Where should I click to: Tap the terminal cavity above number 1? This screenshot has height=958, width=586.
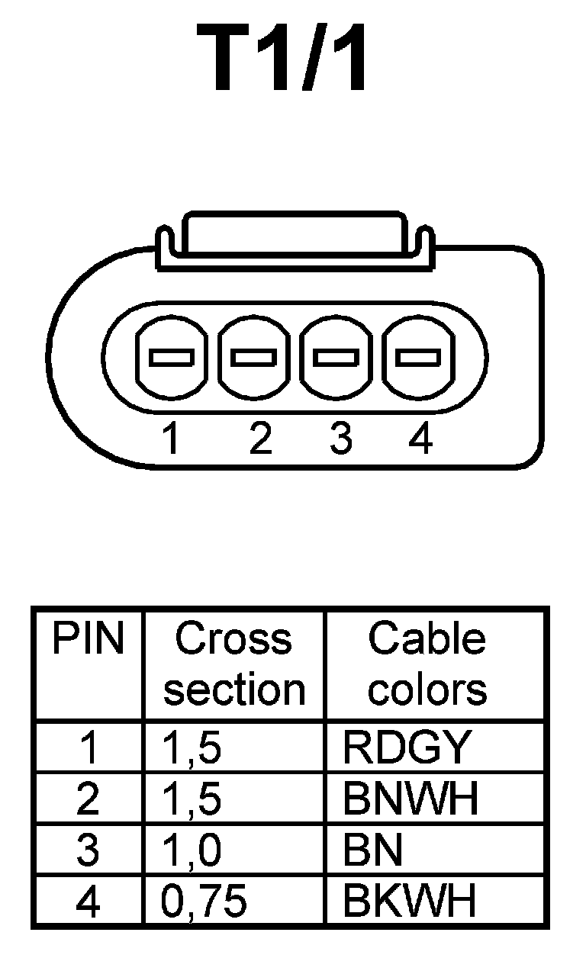pos(171,356)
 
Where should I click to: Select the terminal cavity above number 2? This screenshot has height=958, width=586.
pos(254,356)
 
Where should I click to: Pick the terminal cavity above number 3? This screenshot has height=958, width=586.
pos(336,356)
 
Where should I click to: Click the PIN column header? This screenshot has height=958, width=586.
pos(88,639)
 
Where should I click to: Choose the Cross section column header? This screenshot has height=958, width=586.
pos(234,664)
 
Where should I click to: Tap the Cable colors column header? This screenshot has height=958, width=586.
pos(427,664)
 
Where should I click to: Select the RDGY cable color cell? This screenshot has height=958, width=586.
pos(404,748)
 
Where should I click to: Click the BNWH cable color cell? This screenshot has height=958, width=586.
pos(411,799)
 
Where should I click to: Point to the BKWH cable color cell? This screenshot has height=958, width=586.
pos(410,901)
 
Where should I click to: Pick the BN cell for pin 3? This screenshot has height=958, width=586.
pos(373,850)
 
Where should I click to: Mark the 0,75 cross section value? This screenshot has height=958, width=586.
pos(204,901)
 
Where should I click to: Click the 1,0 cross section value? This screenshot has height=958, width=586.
pos(192,850)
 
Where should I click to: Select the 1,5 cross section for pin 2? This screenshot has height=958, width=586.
pos(192,799)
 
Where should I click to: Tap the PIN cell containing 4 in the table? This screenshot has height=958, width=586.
pos(89,901)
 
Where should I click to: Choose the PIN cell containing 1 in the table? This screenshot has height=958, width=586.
pos(89,748)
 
